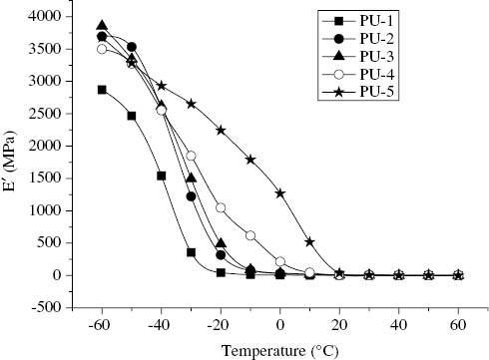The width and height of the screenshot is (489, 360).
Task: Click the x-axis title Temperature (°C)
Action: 280,349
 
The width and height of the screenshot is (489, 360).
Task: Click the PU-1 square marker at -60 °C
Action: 102,90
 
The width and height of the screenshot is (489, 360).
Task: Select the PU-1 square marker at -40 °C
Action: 162,176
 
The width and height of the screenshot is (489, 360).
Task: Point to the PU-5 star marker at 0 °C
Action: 280,193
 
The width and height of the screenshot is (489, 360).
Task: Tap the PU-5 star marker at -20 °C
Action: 221,131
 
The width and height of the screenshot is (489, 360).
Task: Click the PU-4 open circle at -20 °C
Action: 221,208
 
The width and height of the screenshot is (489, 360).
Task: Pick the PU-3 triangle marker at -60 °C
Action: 102,26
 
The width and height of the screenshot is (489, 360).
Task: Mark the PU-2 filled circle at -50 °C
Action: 132,47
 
